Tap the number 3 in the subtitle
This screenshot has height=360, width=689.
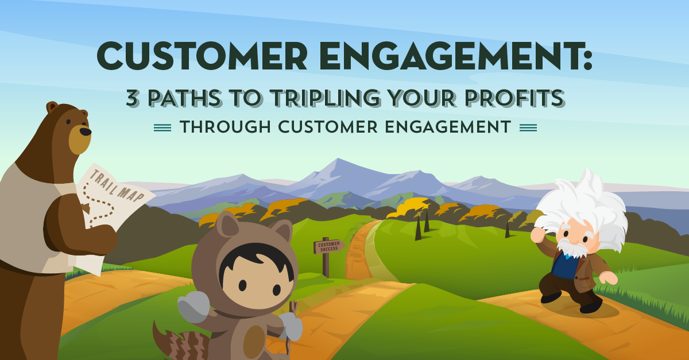point(134,99)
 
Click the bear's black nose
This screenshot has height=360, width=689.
point(85,131)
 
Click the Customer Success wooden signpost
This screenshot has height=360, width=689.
point(328,247)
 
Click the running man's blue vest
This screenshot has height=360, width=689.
point(566,266)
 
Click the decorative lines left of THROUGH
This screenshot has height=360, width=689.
point(163,128)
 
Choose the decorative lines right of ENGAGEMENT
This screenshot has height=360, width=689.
point(528,128)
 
